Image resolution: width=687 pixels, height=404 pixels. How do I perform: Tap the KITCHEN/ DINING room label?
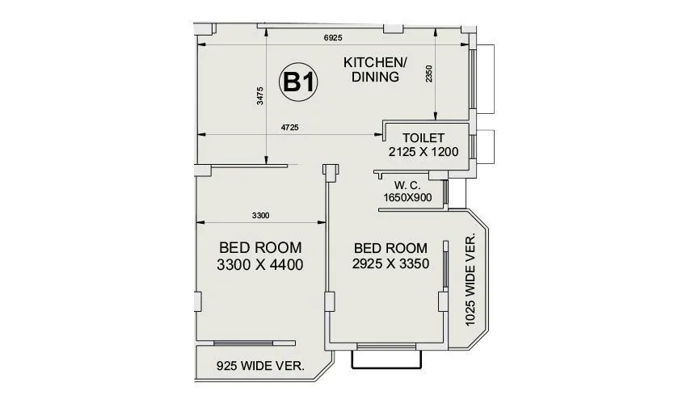tap(376, 70)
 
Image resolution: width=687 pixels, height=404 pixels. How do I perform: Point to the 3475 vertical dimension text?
tap(259, 95)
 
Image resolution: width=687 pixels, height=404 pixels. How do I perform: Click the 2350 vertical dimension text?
tap(429, 74)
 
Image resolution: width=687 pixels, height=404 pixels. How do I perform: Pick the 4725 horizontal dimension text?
tap(290, 127)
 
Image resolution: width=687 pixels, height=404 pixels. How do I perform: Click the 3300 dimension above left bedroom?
tap(259, 215)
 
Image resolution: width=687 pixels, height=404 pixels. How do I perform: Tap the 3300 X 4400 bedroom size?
tap(260, 264)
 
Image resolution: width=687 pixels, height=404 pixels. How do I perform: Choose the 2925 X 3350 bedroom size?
tap(390, 263)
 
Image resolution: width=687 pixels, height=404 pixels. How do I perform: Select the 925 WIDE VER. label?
tap(259, 366)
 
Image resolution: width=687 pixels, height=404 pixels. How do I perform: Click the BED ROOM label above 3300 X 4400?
tap(260, 246)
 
